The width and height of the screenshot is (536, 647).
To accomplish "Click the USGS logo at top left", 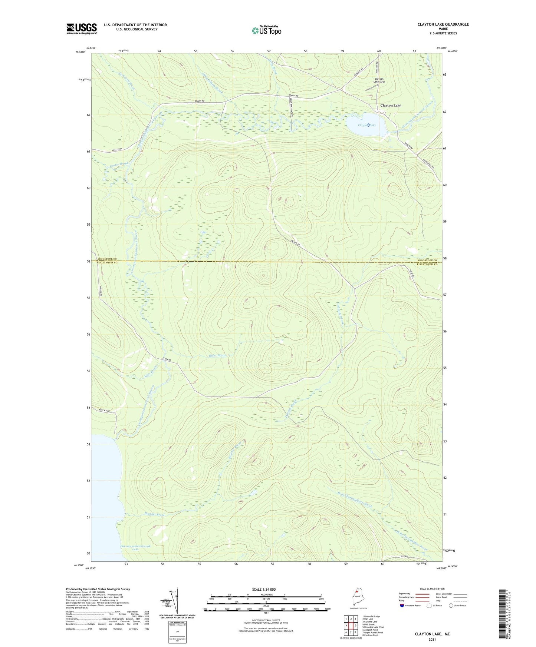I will (81, 29).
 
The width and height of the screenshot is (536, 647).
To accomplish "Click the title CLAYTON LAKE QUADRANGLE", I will (443, 24).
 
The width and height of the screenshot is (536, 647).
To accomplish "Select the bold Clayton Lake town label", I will (391, 106).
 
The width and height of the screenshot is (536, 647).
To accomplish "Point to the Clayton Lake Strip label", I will (379, 80).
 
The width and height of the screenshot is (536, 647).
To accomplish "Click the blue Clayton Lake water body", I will (366, 124).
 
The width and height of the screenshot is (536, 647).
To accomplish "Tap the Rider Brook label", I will (217, 355).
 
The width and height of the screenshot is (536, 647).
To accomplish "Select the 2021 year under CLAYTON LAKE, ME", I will (432, 640).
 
